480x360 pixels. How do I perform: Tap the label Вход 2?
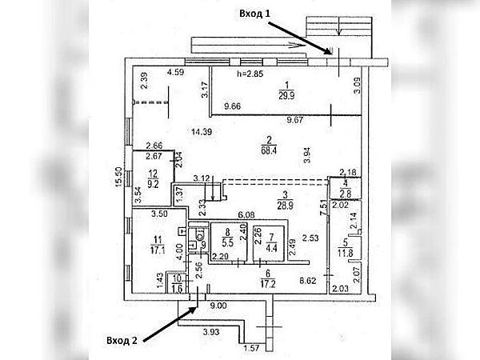pyautogui.click(x=123, y=341)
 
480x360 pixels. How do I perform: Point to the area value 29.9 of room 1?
pyautogui.click(x=286, y=93)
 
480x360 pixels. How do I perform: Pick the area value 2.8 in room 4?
pyautogui.click(x=345, y=193)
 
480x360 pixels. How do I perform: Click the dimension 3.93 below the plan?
pyautogui.click(x=211, y=331)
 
